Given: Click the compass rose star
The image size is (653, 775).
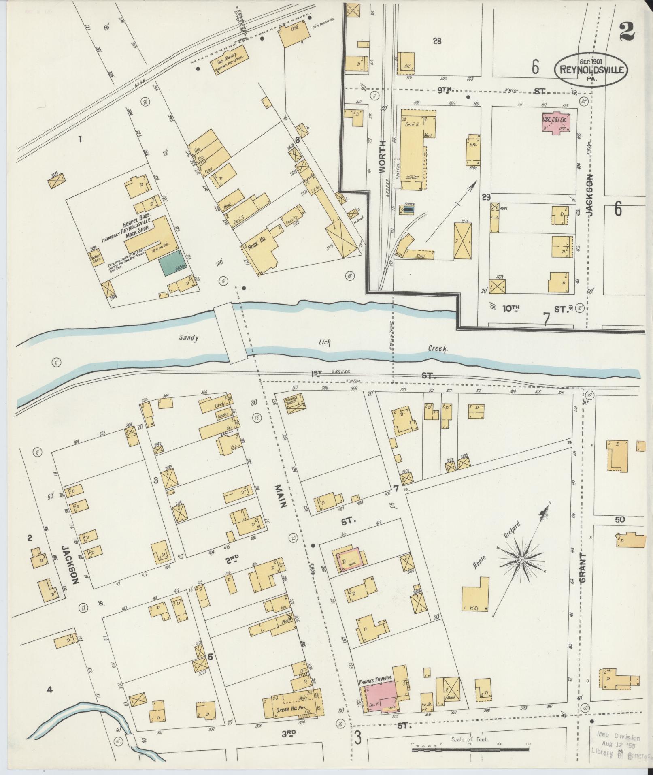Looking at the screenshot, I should tap(521, 559).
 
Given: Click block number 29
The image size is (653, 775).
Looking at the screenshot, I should tap(486, 197).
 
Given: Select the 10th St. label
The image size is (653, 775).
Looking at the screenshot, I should tap(511, 309).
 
